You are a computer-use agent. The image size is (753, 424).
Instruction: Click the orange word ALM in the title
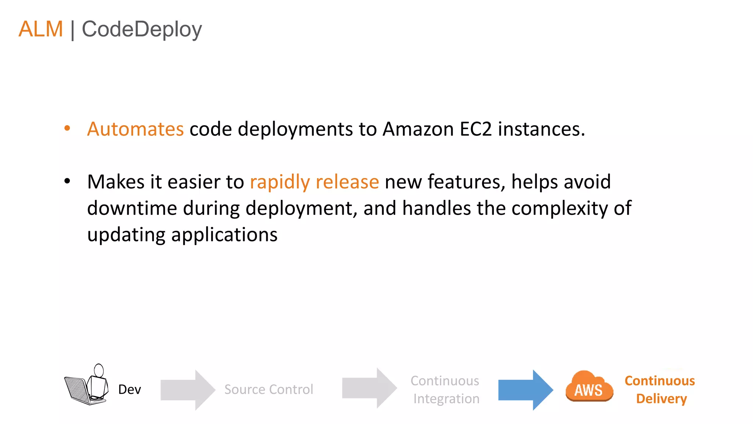tap(41, 29)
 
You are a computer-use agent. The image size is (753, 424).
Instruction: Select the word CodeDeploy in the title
tap(142, 29)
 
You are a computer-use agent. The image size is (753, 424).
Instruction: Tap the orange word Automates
tap(135, 129)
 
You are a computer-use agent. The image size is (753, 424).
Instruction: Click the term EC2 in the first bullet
tap(475, 129)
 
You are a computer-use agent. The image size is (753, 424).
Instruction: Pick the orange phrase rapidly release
tap(314, 182)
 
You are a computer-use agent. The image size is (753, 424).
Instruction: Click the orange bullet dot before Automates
tap(67, 128)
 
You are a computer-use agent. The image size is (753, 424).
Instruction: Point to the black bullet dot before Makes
tap(67, 181)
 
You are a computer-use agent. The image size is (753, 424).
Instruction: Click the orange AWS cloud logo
tap(589, 387)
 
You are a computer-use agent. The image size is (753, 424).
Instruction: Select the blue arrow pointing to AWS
tap(525, 390)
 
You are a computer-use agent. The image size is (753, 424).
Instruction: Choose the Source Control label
tap(269, 389)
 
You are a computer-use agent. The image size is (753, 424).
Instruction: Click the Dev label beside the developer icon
tap(129, 389)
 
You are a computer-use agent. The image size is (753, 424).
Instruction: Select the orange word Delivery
tap(661, 399)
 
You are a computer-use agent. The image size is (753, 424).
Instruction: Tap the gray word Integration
tap(446, 399)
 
